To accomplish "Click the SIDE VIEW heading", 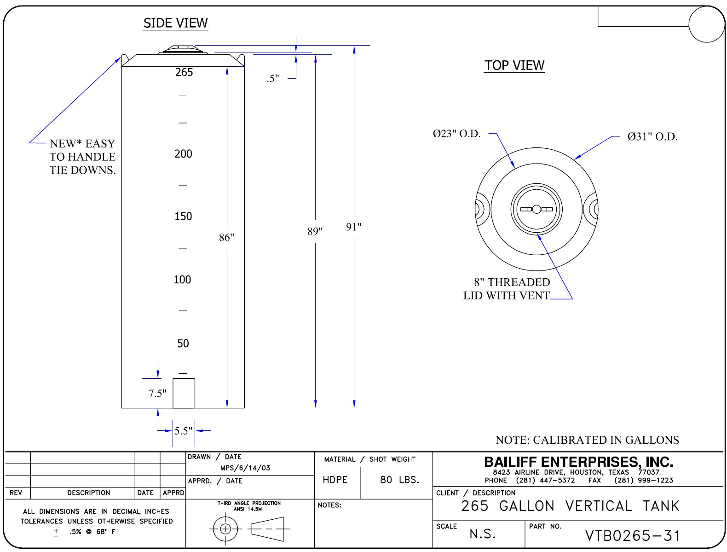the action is coord(176,23).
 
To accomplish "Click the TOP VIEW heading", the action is coord(514,65).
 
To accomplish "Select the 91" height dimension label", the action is coord(354,227).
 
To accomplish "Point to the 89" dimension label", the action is coord(315,231).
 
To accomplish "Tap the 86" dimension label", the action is coord(226,237).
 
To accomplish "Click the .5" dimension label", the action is coord(273,79).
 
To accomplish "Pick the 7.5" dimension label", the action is coord(157,393).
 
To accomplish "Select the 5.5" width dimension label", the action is coord(183,431).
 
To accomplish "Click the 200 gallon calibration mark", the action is coord(183,154).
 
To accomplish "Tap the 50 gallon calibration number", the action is coord(183,343).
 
